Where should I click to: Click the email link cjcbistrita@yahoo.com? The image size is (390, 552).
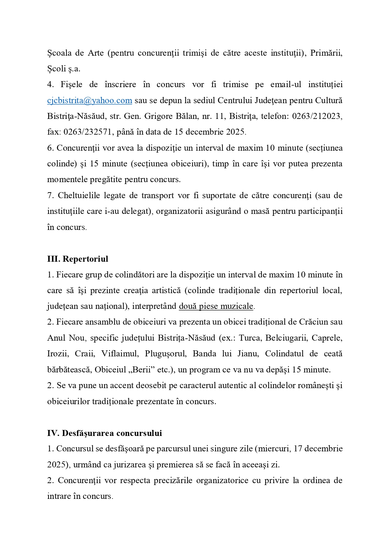pyautogui.click(x=89, y=101)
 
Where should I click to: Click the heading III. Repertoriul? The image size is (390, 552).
pyautogui.click(x=77, y=259)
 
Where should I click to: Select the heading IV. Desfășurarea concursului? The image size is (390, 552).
pyautogui.click(x=104, y=433)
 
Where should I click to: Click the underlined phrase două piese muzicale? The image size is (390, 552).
pyautogui.click(x=216, y=306)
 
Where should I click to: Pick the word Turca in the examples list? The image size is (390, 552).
pyautogui.click(x=250, y=338)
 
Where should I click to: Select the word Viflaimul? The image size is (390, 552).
pyautogui.click(x=120, y=354)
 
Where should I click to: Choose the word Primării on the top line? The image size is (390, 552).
pyautogui.click(x=326, y=53)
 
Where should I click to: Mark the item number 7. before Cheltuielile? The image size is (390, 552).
pyautogui.click(x=51, y=196)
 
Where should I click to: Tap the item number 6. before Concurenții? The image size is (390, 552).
pyautogui.click(x=51, y=148)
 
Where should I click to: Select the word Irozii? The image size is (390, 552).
pyautogui.click(x=58, y=354)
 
